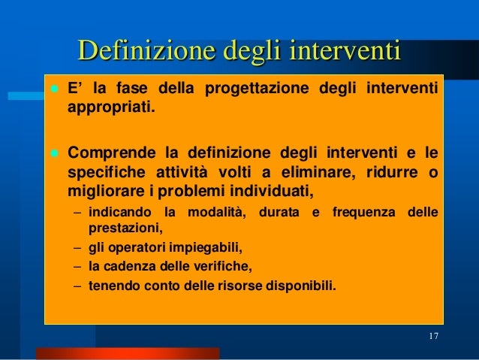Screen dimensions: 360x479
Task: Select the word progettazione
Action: (x=250, y=91)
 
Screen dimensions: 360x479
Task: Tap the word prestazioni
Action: (x=125, y=226)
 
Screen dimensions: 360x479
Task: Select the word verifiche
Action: (x=223, y=266)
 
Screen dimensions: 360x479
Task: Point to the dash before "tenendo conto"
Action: (x=78, y=286)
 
